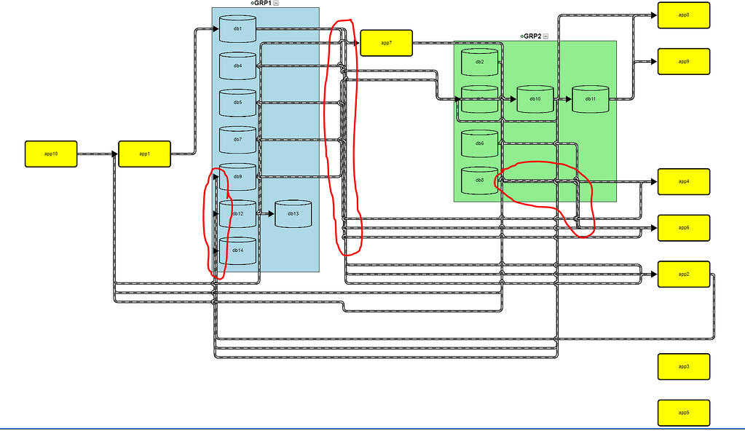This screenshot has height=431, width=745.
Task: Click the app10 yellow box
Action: pyautogui.click(x=51, y=154)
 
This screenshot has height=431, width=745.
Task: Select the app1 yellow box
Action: pyautogui.click(x=144, y=154)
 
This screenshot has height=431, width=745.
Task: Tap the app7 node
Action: pyautogui.click(x=386, y=43)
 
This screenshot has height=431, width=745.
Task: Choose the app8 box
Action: pyautogui.click(x=683, y=15)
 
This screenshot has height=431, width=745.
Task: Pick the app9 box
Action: pyautogui.click(x=683, y=61)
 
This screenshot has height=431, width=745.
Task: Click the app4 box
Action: pyautogui.click(x=683, y=181)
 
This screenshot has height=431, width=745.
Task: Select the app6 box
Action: pyautogui.click(x=683, y=228)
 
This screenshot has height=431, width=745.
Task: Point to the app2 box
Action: pyautogui.click(x=683, y=274)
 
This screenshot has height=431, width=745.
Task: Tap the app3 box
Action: pyautogui.click(x=683, y=366)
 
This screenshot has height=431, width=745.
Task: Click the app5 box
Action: pyautogui.click(x=683, y=413)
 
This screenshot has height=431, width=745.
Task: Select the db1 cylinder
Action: pyautogui.click(x=237, y=28)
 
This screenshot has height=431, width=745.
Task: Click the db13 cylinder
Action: pyautogui.click(x=293, y=214)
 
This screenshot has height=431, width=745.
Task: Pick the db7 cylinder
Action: pyautogui.click(x=237, y=140)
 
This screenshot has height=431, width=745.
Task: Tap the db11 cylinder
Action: pyautogui.click(x=590, y=99)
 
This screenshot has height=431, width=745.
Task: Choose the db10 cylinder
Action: pyautogui.click(x=535, y=99)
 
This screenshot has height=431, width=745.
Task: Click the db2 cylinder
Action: pyautogui.click(x=479, y=62)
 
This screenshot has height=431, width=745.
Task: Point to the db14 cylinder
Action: pyautogui.click(x=237, y=250)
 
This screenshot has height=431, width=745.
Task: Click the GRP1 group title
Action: pyautogui.click(x=261, y=4)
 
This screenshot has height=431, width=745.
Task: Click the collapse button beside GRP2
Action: pyautogui.click(x=545, y=36)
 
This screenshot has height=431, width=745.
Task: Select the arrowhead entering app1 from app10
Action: pyautogui.click(x=114, y=154)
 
